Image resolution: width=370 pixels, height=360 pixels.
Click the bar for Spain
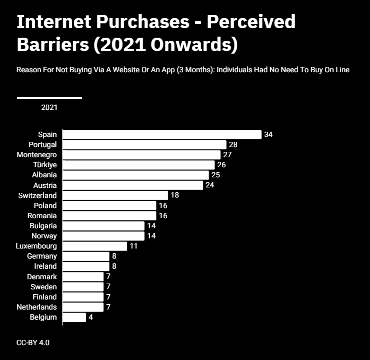coord(162,134)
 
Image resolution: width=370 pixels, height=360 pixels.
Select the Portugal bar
coord(144,145)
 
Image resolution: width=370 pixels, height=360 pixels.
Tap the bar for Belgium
coord(74,318)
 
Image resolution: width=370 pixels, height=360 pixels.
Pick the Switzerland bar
coord(115,195)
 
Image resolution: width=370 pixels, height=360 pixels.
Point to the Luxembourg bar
coord(94,246)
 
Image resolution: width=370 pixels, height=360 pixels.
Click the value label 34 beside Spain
coord(268,134)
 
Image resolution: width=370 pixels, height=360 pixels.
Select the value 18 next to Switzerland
coord(175,195)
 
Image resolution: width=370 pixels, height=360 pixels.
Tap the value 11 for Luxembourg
coord(134,246)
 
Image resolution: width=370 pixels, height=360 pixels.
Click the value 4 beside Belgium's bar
coord(91,318)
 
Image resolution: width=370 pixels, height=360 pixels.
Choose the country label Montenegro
coord(37,155)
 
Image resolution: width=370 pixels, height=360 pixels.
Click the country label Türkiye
coord(45,165)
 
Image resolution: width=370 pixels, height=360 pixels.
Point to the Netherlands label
coord(37,307)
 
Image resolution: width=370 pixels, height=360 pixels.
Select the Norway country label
coord(44,236)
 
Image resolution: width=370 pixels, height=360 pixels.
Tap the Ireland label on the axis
coord(45,266)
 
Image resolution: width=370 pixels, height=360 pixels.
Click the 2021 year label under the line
coord(49,108)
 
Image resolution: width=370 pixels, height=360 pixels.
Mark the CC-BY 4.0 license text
coord(33,343)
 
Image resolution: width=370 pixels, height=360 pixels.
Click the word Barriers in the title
coord(53,45)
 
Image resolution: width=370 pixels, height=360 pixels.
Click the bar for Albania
coord(136,175)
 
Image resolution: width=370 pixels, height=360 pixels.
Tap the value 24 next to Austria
coord(210,185)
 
